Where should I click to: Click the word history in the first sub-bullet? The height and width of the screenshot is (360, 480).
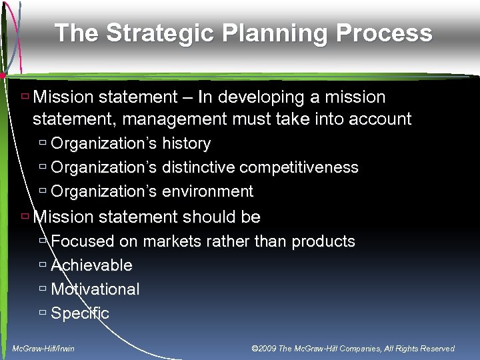point(186,144)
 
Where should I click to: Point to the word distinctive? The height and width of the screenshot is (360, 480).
point(198,167)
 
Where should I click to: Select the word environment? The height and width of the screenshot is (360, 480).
point(207,192)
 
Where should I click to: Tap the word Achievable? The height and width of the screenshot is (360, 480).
point(91,265)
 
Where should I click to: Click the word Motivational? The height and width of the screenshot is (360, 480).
point(95,289)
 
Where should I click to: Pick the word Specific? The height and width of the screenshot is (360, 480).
point(80,313)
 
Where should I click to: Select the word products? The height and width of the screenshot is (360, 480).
point(323,241)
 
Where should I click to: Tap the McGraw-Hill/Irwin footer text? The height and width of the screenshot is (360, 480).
point(44,349)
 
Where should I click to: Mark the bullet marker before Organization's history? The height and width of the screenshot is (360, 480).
point(43,144)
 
